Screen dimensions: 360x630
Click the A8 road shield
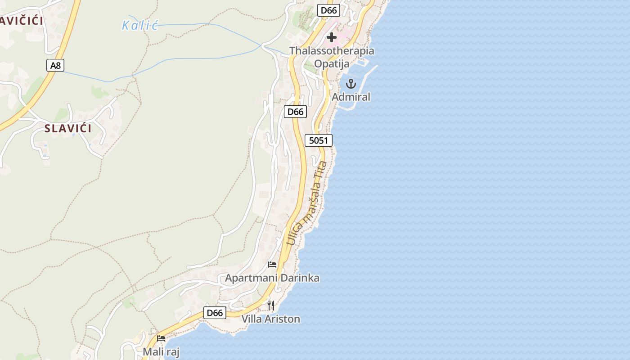pos(55,66)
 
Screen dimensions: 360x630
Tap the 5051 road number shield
pos(319,140)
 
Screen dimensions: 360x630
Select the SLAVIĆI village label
pos(68,129)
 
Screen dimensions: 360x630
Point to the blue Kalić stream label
pos(140,25)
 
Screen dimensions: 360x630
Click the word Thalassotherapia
pos(332,51)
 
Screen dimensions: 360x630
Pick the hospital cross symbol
pos(332,37)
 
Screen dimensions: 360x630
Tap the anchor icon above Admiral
pos(351,84)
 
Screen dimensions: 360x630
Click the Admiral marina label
pos(351,97)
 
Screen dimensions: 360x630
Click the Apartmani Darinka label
pos(272,278)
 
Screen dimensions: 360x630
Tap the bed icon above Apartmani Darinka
pos(272,264)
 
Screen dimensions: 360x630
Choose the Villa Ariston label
pos(271,319)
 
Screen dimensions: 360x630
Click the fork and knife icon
pos(271,306)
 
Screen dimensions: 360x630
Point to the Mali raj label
pos(161,352)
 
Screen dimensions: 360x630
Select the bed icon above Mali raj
pos(161,338)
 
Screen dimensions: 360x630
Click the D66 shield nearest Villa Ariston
pos(215,313)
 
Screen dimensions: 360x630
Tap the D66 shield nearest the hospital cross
pos(328,10)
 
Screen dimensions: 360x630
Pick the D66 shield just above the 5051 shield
pos(295,112)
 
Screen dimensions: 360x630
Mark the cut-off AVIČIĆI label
pos(21,21)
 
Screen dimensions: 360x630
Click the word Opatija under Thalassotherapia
pos(332,63)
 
